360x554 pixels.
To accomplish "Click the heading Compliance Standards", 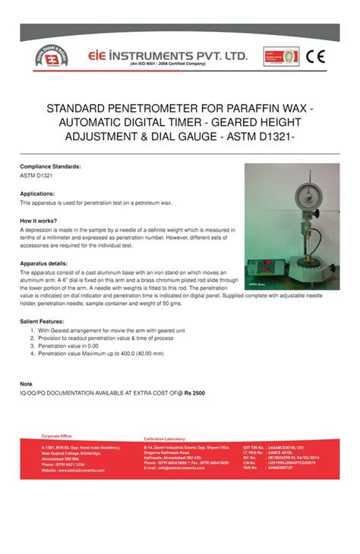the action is click(50, 165).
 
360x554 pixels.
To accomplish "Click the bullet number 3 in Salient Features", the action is click(33, 345).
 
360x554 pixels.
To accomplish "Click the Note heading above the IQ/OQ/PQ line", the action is click(26, 384).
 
